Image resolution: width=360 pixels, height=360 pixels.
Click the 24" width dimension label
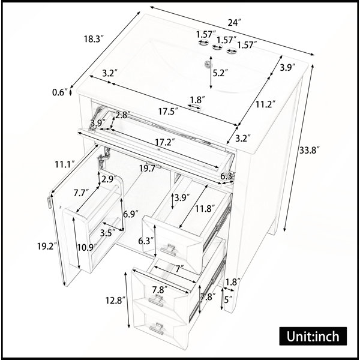(x=234, y=23)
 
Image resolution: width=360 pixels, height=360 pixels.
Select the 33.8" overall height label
(x=309, y=151)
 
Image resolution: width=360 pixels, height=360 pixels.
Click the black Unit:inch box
(x=313, y=336)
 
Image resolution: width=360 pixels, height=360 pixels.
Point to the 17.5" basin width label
(x=168, y=112)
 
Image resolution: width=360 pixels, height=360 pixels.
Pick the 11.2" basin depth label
(x=265, y=104)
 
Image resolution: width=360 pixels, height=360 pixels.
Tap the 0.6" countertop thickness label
(x=59, y=92)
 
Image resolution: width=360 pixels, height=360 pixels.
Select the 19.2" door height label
(x=47, y=247)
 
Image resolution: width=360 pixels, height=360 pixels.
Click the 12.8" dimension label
(x=115, y=300)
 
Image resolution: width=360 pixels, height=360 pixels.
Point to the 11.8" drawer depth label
(x=205, y=209)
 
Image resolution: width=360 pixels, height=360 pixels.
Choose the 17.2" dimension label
(x=164, y=142)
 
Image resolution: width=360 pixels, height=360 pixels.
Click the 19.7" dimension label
(x=149, y=169)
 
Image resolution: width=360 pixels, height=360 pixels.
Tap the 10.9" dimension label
(x=86, y=247)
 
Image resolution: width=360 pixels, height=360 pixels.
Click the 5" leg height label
(x=229, y=299)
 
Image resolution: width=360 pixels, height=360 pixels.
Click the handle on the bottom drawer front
(x=157, y=328)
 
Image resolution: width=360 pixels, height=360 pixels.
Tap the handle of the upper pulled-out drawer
(x=168, y=250)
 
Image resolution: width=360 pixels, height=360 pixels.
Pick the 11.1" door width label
(x=65, y=164)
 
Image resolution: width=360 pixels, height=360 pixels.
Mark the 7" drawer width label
(x=179, y=269)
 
